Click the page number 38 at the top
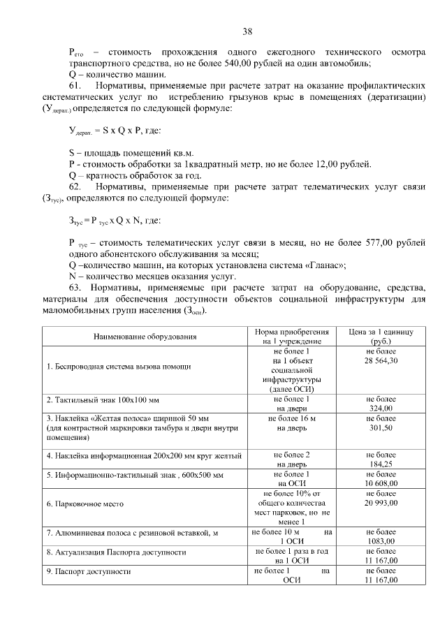(247, 31)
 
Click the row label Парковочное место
(82, 504)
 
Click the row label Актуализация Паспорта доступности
(116, 552)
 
